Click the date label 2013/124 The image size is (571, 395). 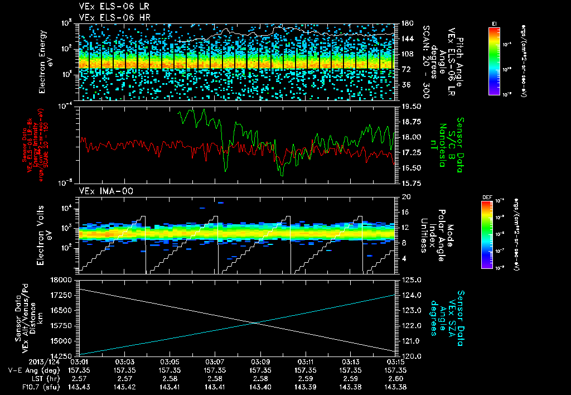pos(19,362)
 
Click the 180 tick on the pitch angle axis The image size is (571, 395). pos(407,23)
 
